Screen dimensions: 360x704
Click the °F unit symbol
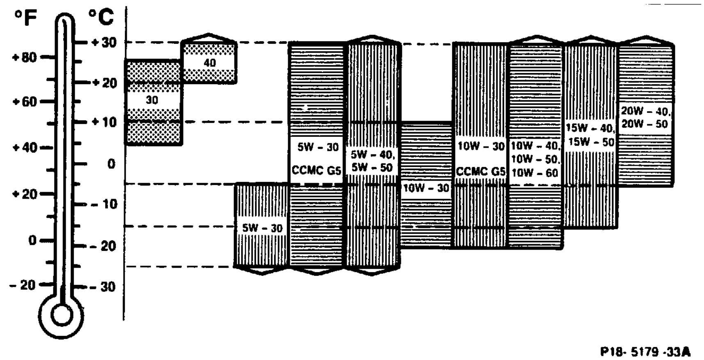pyautogui.click(x=25, y=18)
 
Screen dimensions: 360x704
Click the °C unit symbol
pyautogui.click(x=101, y=18)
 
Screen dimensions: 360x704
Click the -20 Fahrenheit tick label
pyautogui.click(x=23, y=285)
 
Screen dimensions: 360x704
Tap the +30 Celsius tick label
pyautogui.click(x=103, y=42)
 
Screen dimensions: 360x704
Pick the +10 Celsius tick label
pyautogui.click(x=103, y=122)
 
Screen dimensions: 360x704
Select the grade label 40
pyautogui.click(x=209, y=63)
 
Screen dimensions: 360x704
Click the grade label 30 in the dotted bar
pyautogui.click(x=152, y=100)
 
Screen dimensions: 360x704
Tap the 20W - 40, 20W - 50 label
pyautogui.click(x=645, y=117)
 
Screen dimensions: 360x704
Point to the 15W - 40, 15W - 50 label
pyautogui.click(x=590, y=135)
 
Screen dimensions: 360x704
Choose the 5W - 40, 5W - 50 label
pyautogui.click(x=372, y=161)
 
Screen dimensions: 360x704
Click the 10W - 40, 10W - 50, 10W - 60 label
pyautogui.click(x=535, y=159)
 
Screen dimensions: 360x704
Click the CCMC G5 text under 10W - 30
pyautogui.click(x=480, y=172)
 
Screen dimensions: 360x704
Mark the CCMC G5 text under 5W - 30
pyautogui.click(x=316, y=170)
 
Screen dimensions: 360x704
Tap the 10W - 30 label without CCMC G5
pyautogui.click(x=426, y=188)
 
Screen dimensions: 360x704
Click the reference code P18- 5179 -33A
pyautogui.click(x=645, y=352)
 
